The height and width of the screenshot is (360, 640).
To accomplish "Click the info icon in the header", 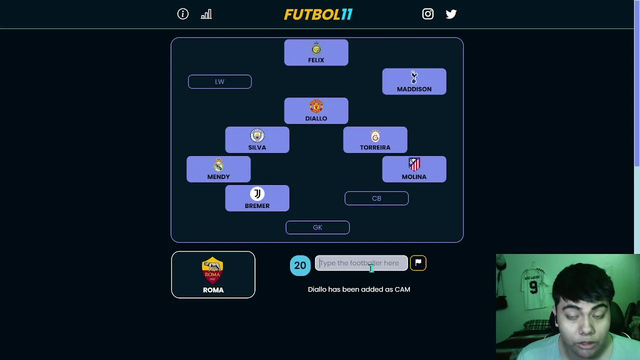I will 183,14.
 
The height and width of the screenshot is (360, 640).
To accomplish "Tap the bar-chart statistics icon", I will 206,14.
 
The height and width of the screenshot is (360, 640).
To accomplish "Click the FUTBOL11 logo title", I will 318,14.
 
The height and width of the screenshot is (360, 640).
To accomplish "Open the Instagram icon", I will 427,14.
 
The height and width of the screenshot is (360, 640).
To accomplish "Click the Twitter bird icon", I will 451,14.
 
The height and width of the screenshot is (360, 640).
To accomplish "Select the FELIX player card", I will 316,53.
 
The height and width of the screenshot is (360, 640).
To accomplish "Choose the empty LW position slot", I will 219,81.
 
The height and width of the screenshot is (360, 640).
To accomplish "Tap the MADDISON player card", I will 414,82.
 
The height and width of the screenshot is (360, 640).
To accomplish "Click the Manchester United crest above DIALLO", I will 316,106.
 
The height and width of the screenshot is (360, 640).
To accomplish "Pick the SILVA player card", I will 257,140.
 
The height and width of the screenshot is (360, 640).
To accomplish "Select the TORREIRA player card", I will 375,140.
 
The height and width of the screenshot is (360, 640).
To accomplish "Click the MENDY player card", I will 218,169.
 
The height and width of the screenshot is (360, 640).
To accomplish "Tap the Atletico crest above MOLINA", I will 414,164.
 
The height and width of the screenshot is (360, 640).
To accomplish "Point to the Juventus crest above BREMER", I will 257,194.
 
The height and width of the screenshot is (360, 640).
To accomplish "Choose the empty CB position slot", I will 376,198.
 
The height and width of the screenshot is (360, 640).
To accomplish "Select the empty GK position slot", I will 317,227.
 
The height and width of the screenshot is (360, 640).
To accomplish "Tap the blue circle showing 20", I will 300,265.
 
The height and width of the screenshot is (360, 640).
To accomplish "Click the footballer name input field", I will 361,263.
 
